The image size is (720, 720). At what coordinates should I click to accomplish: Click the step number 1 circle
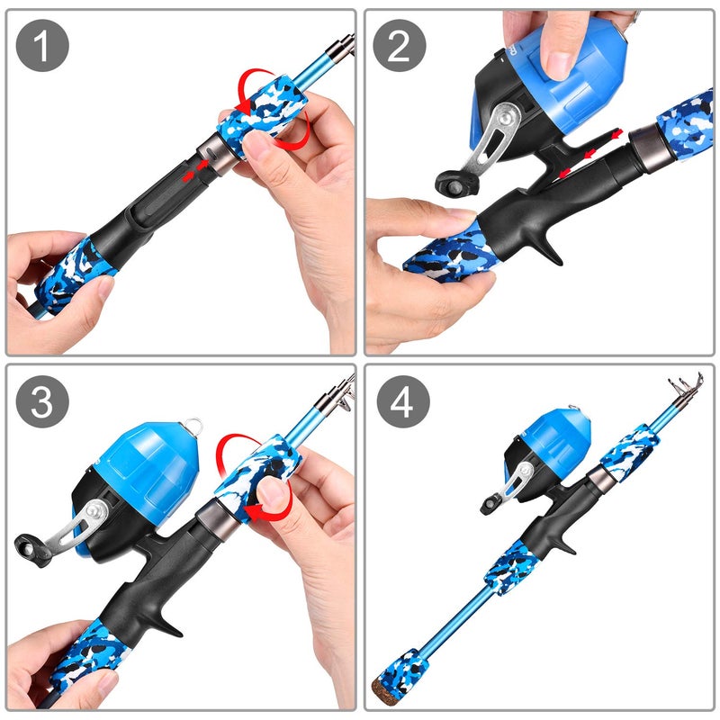(x=43, y=44)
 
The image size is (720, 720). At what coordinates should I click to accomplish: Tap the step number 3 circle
(x=43, y=402)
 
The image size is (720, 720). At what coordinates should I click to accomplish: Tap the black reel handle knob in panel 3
(x=30, y=548)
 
